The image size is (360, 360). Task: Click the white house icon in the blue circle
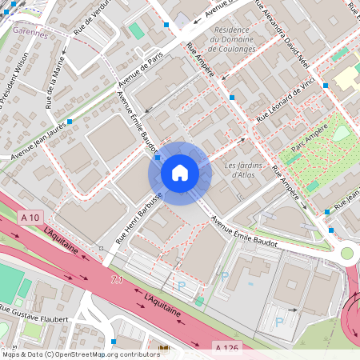point(180,172)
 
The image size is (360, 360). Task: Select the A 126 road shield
point(227,347)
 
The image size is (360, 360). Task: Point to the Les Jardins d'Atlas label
point(243,170)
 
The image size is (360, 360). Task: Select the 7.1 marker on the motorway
point(118,280)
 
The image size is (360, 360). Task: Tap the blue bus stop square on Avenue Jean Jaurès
point(70,122)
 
